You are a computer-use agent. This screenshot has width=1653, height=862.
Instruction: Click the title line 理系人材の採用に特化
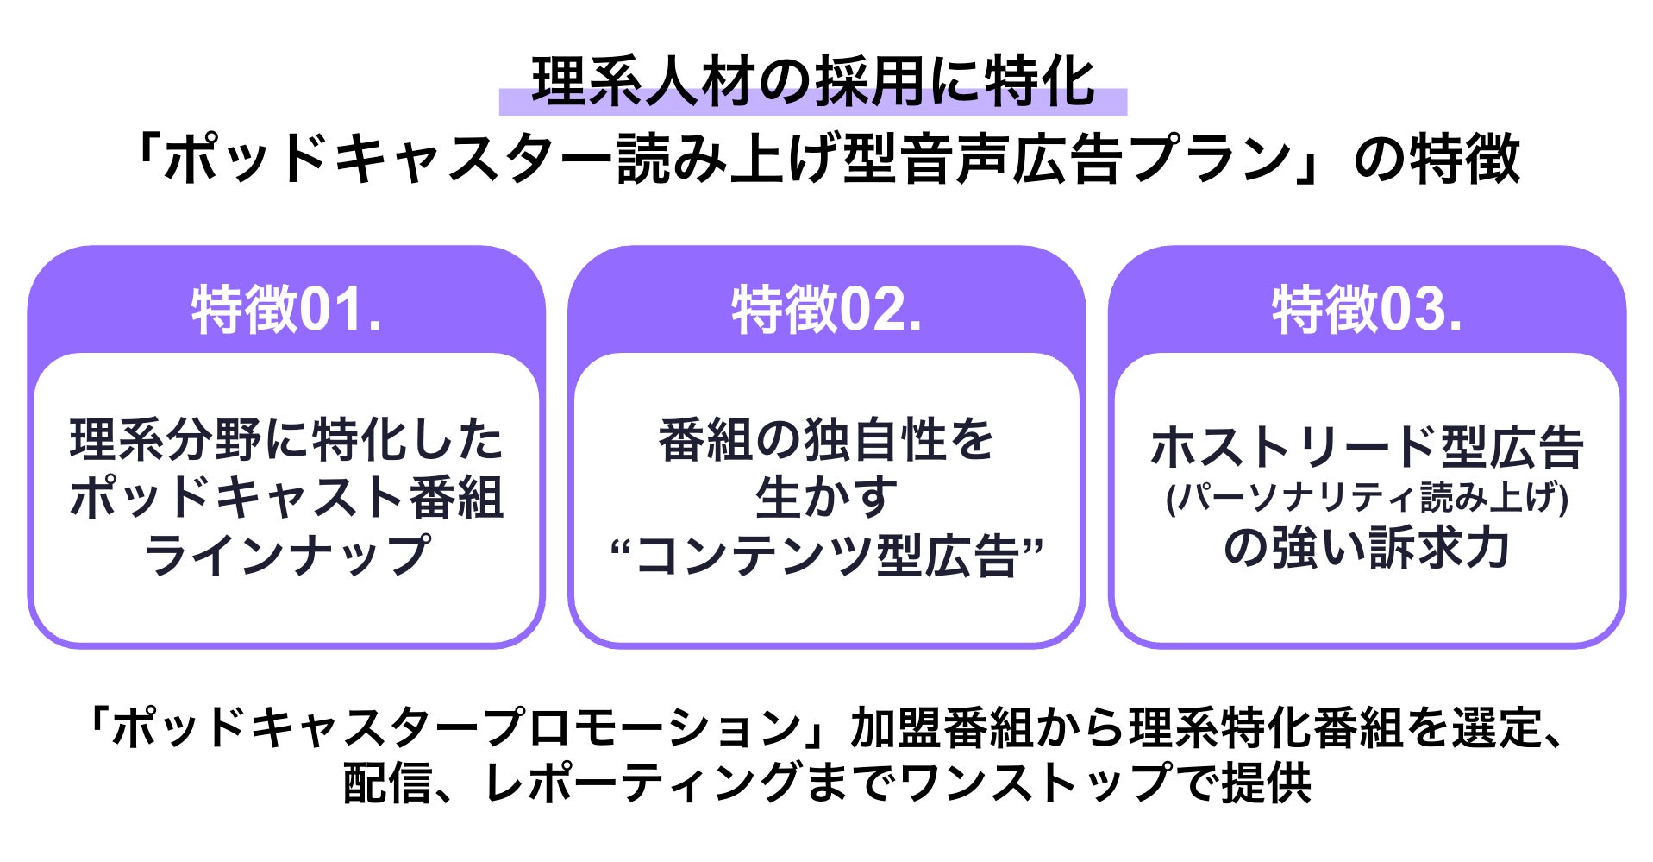point(813,83)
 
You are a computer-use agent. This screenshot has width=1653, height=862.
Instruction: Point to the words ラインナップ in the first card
point(286,555)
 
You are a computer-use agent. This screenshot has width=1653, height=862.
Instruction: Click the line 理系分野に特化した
point(286,440)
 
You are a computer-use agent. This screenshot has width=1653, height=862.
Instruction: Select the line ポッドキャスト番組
point(286,498)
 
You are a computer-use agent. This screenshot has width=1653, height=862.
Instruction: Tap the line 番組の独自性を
point(826,440)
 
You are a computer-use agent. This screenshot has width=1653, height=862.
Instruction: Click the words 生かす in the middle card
point(826,498)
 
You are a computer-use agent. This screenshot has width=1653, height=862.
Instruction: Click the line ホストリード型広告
point(1367,447)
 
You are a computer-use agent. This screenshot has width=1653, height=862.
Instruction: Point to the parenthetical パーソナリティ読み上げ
point(1367,498)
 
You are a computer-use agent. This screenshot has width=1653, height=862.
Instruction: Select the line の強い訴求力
point(1367,548)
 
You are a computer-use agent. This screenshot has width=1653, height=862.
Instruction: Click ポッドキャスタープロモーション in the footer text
point(457,727)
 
